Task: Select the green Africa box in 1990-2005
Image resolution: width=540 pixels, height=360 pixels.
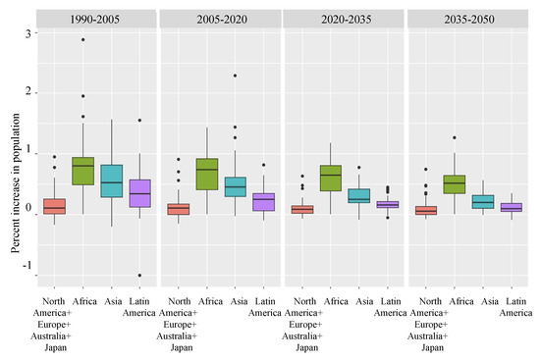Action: [82, 171]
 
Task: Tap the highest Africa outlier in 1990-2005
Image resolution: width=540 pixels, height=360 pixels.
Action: [82, 39]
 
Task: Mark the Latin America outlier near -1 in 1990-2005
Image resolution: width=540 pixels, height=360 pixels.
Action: [139, 275]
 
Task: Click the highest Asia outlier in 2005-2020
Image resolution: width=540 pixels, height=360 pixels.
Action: [235, 76]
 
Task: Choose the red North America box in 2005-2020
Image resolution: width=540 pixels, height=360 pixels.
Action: [178, 209]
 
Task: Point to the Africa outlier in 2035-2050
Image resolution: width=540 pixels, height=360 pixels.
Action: [454, 137]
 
